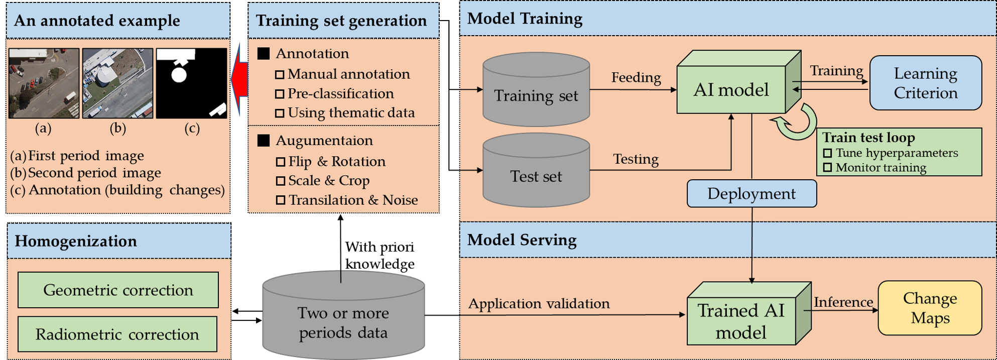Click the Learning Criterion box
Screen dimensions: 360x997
pos(925,83)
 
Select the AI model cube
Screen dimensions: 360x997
pos(731,90)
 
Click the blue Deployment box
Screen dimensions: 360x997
pos(752,194)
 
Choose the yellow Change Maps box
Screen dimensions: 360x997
pos(930,308)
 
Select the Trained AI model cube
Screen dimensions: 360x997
pos(741,321)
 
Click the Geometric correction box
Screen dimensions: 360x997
pos(118,290)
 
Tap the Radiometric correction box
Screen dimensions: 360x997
pos(117,334)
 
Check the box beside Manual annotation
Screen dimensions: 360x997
pos(280,75)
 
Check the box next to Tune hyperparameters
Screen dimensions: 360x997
pos(827,153)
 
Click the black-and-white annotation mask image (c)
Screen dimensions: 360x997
pos(191,83)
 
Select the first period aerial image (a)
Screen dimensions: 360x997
pos(44,83)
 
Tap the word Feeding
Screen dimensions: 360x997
pos(636,77)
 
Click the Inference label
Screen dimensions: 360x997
pos(843,302)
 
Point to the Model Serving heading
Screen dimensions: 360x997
pos(522,240)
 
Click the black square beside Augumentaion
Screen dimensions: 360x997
pos(264,141)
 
